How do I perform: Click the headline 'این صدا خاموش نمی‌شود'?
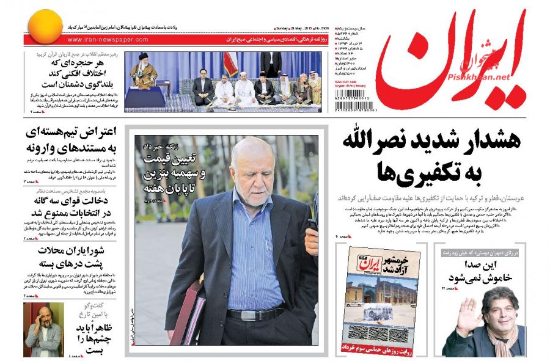[477, 270]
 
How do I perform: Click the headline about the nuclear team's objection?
[73, 140]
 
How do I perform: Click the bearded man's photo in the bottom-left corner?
[43, 330]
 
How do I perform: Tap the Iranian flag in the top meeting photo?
[230, 63]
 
